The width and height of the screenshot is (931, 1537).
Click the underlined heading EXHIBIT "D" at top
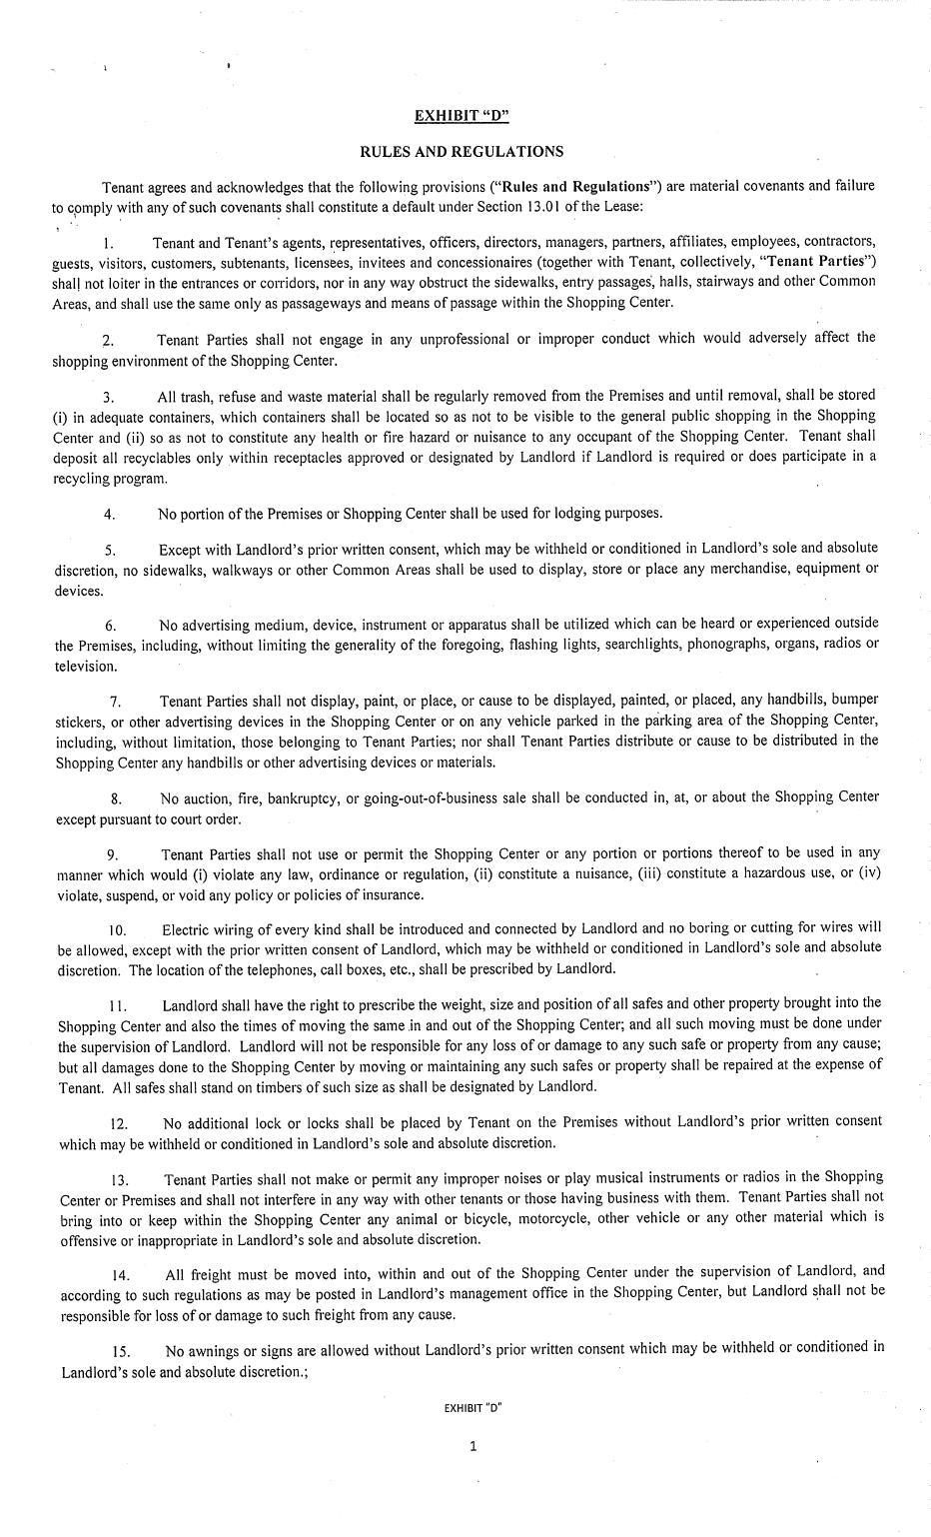tap(462, 115)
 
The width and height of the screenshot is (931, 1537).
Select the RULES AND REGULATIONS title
tap(462, 152)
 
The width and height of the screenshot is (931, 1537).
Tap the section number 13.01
tap(538, 207)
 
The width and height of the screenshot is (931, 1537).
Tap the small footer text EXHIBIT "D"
tap(472, 1408)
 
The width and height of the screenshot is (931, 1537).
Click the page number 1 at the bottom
tap(473, 1445)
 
